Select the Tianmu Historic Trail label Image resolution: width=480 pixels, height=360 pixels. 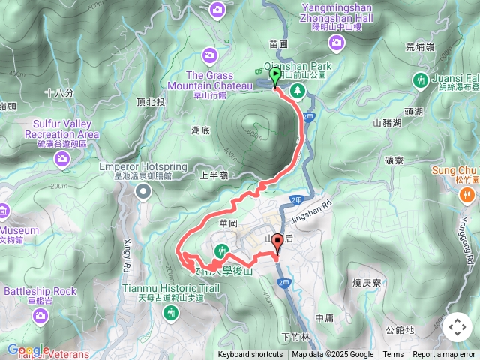tap(171, 287)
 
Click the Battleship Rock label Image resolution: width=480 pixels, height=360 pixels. tap(40, 291)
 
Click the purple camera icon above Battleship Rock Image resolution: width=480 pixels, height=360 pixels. tap(40, 318)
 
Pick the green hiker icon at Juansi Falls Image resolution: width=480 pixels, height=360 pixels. tap(419, 80)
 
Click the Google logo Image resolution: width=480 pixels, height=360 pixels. tap(28, 350)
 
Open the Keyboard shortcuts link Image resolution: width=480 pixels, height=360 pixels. tap(250, 355)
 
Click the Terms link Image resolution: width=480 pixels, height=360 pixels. tap(393, 355)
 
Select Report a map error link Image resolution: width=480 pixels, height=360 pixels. tap(445, 355)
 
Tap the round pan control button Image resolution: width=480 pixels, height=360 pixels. tap(457, 327)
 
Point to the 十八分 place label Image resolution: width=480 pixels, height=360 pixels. tap(59, 93)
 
